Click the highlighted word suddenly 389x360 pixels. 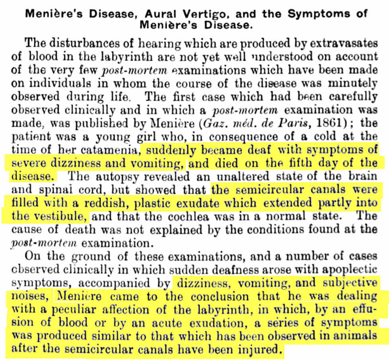pyautogui.click(x=168, y=150)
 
